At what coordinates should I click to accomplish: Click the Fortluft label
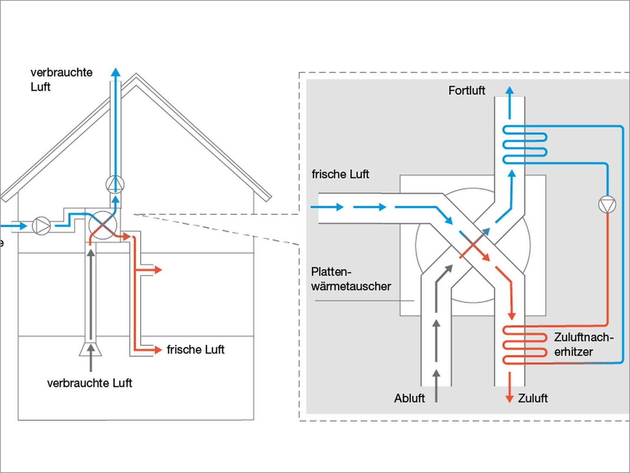pyautogui.click(x=466, y=90)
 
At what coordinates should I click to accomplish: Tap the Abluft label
pyautogui.click(x=409, y=398)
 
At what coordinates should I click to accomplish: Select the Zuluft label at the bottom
pyautogui.click(x=533, y=398)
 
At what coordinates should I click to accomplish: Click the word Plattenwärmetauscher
pyautogui.click(x=350, y=279)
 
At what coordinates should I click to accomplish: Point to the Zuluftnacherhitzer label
pyautogui.click(x=583, y=345)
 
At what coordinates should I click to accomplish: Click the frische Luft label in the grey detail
pyautogui.click(x=340, y=174)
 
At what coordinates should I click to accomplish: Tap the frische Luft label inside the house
pyautogui.click(x=196, y=350)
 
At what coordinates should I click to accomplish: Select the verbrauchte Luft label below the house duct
pyautogui.click(x=89, y=383)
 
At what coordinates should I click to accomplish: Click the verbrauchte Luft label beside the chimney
pyautogui.click(x=61, y=79)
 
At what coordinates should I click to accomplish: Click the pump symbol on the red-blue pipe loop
pyautogui.click(x=607, y=204)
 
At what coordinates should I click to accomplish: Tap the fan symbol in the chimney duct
pyautogui.click(x=115, y=184)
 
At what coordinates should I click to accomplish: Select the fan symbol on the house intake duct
pyautogui.click(x=41, y=226)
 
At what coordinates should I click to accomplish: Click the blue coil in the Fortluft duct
pyautogui.click(x=525, y=144)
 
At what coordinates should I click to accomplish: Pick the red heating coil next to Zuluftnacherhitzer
pyautogui.click(x=525, y=345)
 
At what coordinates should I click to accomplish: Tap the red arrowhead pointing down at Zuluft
pyautogui.click(x=510, y=398)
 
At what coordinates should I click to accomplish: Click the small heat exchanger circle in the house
pyautogui.click(x=103, y=226)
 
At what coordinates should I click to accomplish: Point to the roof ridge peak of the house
pyautogui.click(x=136, y=76)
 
